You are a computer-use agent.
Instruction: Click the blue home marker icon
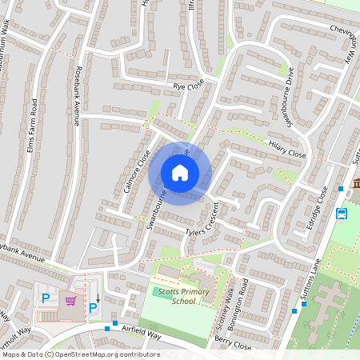click(180, 173)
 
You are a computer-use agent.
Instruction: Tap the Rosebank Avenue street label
click(78, 88)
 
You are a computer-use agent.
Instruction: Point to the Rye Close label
click(190, 85)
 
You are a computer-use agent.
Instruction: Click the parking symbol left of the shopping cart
click(46, 298)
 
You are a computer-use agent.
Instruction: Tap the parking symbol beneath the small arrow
click(93, 308)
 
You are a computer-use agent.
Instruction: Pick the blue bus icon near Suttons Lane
click(342, 214)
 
